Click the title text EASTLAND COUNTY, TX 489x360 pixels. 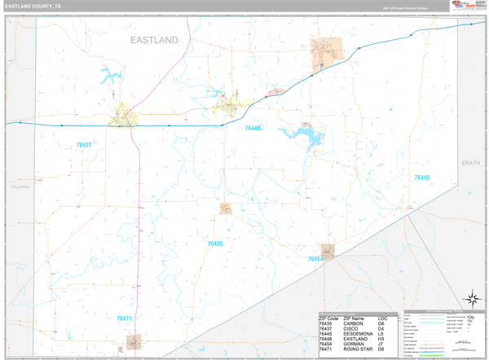[x=33, y=6]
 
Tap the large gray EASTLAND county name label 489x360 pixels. [x=153, y=39]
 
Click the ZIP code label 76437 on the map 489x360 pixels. [x=84, y=145]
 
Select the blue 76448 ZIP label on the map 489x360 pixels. [x=253, y=129]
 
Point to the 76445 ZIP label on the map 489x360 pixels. [x=421, y=178]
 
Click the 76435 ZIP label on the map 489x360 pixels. [x=214, y=244]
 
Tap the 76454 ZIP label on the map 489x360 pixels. [x=315, y=259]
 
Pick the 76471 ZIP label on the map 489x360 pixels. [x=124, y=318]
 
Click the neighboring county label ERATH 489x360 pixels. [x=470, y=163]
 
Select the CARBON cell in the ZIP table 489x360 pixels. [x=354, y=323]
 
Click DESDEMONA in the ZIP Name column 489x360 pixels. [x=359, y=334]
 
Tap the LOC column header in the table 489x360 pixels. [x=383, y=318]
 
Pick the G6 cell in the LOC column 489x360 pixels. [x=381, y=323]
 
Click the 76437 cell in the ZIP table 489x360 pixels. [x=327, y=329]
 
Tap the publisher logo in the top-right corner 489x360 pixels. [x=463, y=6]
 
